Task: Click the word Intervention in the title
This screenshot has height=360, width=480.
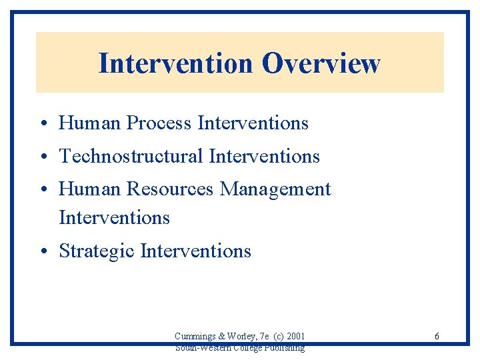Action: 176,64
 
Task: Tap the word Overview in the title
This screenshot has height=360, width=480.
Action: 321,64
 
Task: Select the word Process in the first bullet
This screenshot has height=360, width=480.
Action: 159,123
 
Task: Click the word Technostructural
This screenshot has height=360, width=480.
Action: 131,157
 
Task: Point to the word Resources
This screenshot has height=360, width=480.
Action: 170,190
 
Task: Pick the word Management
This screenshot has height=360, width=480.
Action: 275,190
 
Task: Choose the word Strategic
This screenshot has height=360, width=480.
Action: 97,251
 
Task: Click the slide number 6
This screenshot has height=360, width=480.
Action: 437,337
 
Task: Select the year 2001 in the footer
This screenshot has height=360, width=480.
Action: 294,337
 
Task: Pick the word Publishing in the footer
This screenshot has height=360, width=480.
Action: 285,347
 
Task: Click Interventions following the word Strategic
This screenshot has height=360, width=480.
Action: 196,251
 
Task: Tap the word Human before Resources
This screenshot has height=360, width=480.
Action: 90,190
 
